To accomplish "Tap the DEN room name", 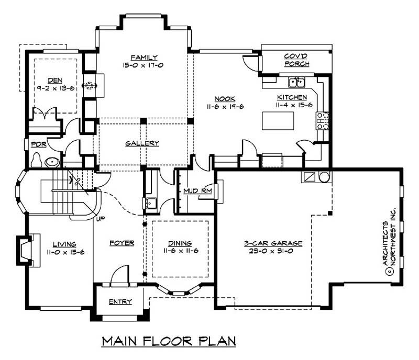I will coord(54,81).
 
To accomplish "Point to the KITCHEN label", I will coord(292,97).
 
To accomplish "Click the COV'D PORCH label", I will coord(296,60).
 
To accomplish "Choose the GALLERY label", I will coord(142,143).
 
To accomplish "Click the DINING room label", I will coord(180,243).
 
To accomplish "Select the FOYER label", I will coord(122,243).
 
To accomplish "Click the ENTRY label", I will coord(120,302).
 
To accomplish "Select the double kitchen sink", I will coord(296,82).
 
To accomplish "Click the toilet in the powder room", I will coord(37,160).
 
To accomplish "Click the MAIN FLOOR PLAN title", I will coord(169,341).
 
